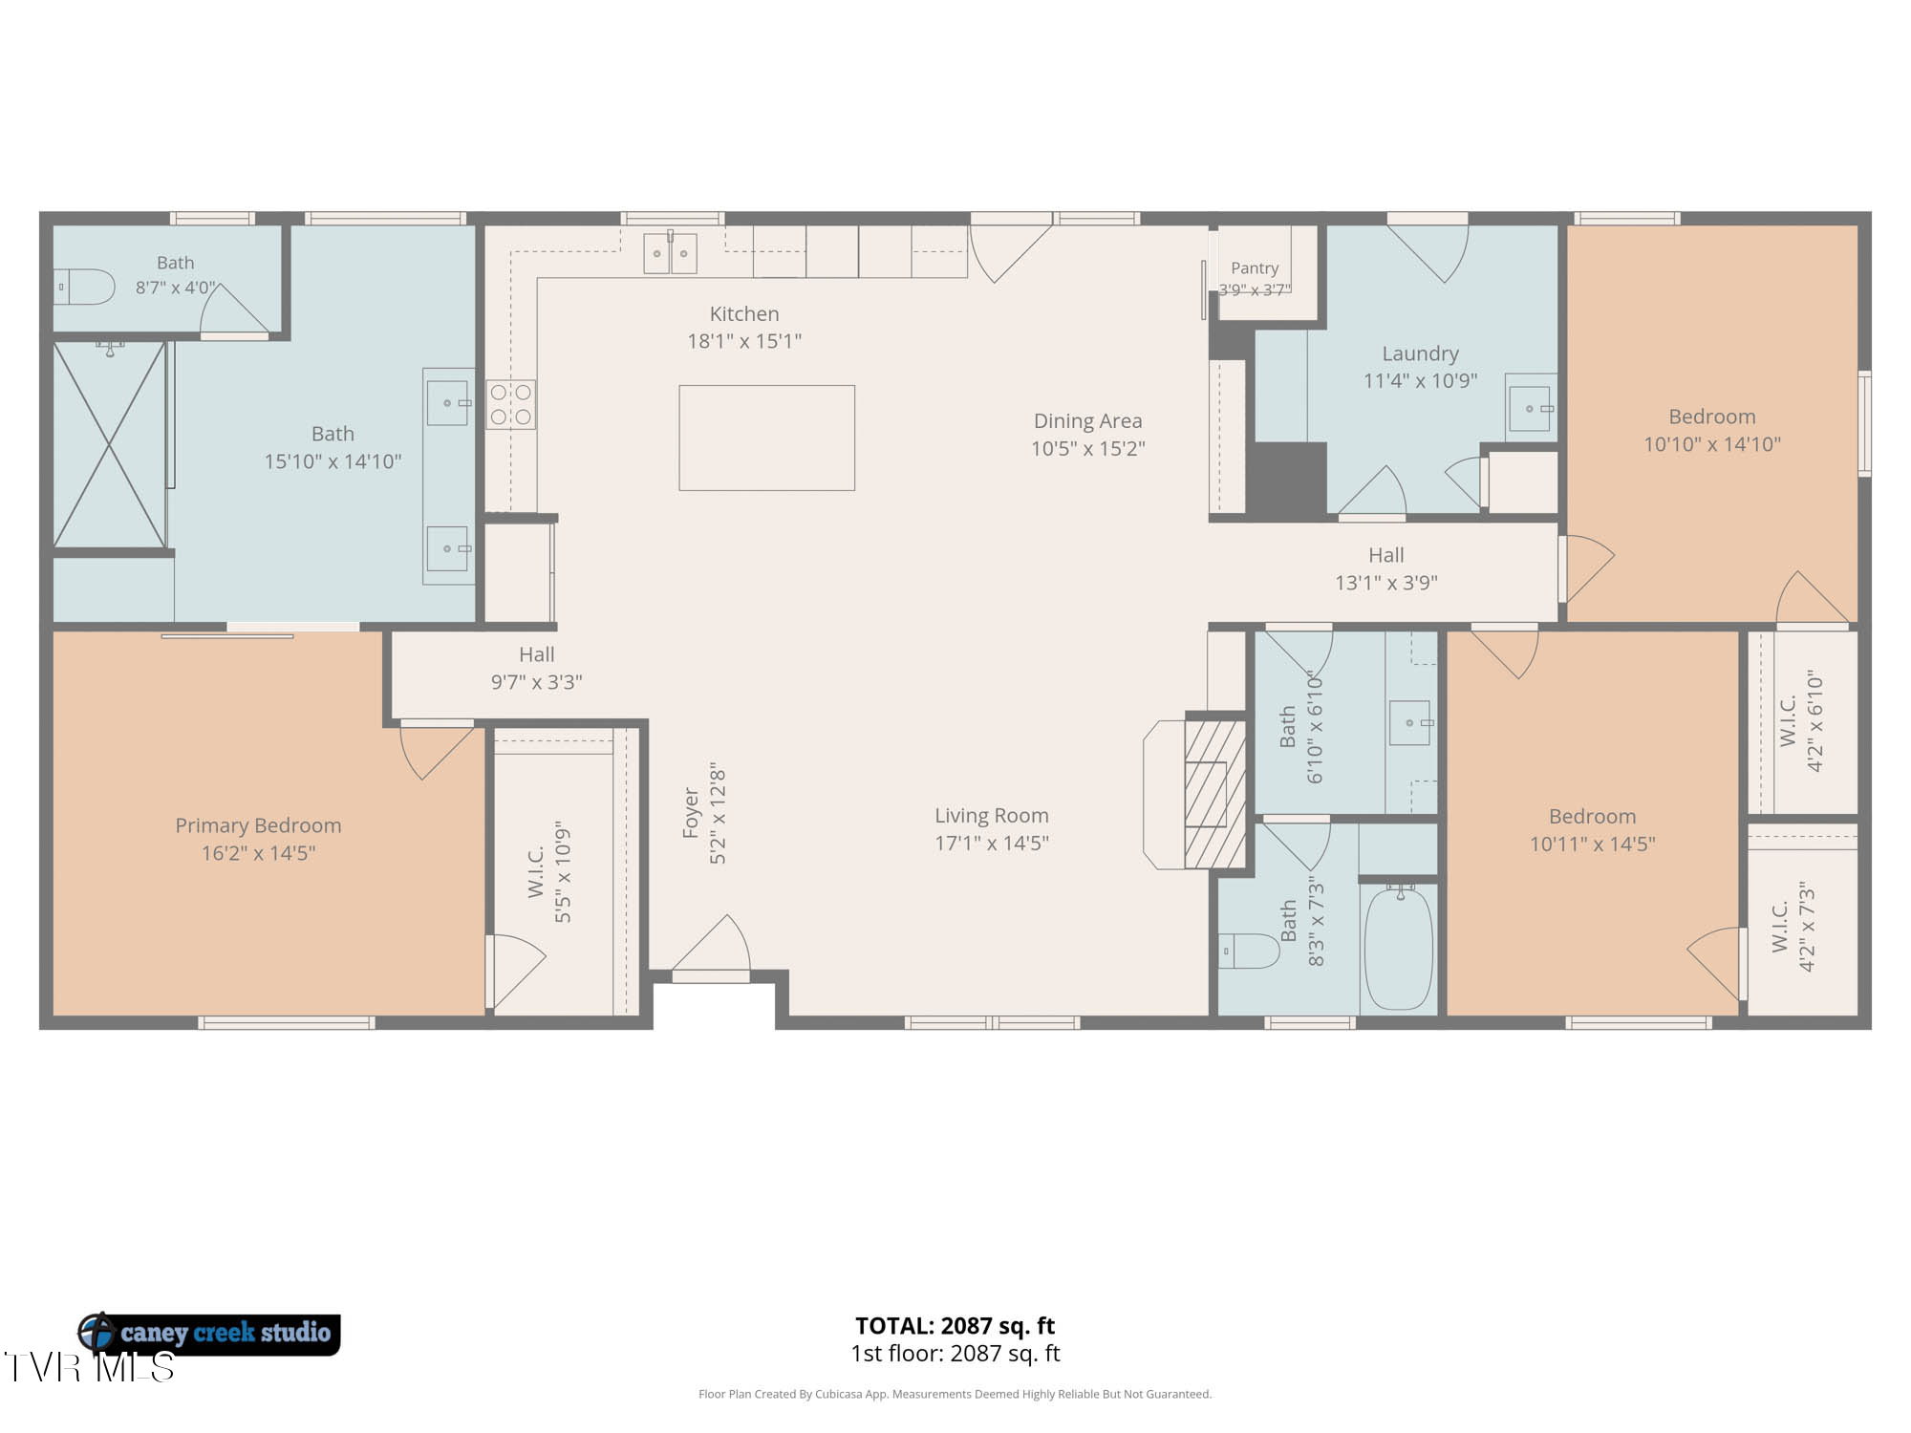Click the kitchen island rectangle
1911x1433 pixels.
pos(766,438)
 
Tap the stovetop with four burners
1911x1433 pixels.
pos(511,404)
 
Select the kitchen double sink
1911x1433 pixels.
pos(670,253)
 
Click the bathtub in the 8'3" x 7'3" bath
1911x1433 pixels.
pos(1399,949)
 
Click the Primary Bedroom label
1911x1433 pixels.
pos(258,825)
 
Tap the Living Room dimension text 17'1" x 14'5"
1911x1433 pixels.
pos(992,843)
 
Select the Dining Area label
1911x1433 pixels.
pos(1087,421)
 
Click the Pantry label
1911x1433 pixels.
pos(1255,268)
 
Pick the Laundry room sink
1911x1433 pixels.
pos(1531,408)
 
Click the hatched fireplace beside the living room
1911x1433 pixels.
pos(1214,793)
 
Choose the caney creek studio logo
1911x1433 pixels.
pos(208,1333)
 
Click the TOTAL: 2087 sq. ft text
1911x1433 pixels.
pos(955,1326)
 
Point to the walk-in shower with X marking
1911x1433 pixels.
pos(109,445)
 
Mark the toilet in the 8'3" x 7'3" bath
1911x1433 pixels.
pos(1249,951)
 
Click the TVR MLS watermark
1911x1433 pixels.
pos(89,1367)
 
